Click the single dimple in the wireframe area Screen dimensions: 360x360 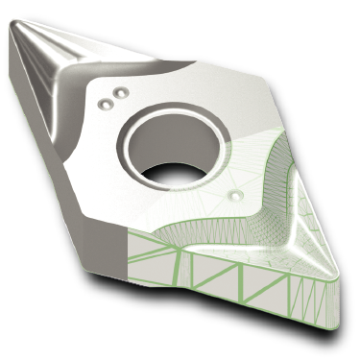click(x=235, y=195)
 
